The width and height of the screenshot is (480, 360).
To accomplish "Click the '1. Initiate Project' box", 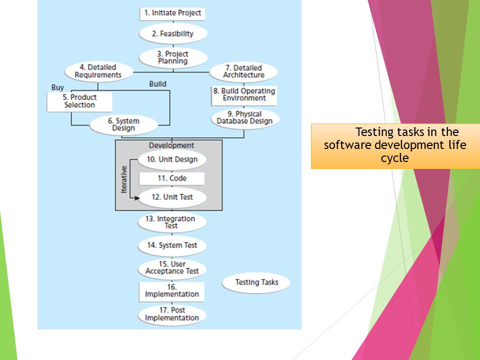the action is pos(172,14).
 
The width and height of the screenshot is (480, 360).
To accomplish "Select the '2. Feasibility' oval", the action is pos(173,33).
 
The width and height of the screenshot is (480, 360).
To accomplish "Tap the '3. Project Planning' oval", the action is pos(173,57).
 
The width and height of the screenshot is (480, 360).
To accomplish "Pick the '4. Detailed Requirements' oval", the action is pos(98,71).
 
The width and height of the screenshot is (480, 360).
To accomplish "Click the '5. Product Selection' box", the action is pos(79,102).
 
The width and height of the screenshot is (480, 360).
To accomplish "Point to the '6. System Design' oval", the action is pos(123,125).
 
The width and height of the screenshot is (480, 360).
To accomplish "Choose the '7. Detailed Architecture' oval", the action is pos(243,72).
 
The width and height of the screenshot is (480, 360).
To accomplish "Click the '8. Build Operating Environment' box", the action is pos(244,95).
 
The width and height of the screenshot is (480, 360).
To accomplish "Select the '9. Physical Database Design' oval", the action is pos(245,118).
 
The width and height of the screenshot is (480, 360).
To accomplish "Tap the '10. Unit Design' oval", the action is pos(172,160).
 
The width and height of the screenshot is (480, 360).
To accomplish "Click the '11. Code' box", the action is pos(171,178).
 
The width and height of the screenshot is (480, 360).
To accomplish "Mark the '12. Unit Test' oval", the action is pos(172,197).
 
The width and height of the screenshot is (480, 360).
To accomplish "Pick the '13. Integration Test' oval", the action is pos(171,222).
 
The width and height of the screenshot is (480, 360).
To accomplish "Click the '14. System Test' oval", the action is pos(171,246).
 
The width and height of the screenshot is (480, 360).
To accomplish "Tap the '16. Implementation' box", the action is pos(171,291).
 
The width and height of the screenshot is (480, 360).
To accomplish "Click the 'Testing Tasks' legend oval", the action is pos(256,283).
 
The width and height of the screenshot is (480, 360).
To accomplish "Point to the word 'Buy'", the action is pos(57,87).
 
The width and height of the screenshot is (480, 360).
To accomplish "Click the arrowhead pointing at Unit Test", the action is pos(137,198).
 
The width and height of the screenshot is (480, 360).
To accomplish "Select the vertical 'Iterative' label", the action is pos(123,179).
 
